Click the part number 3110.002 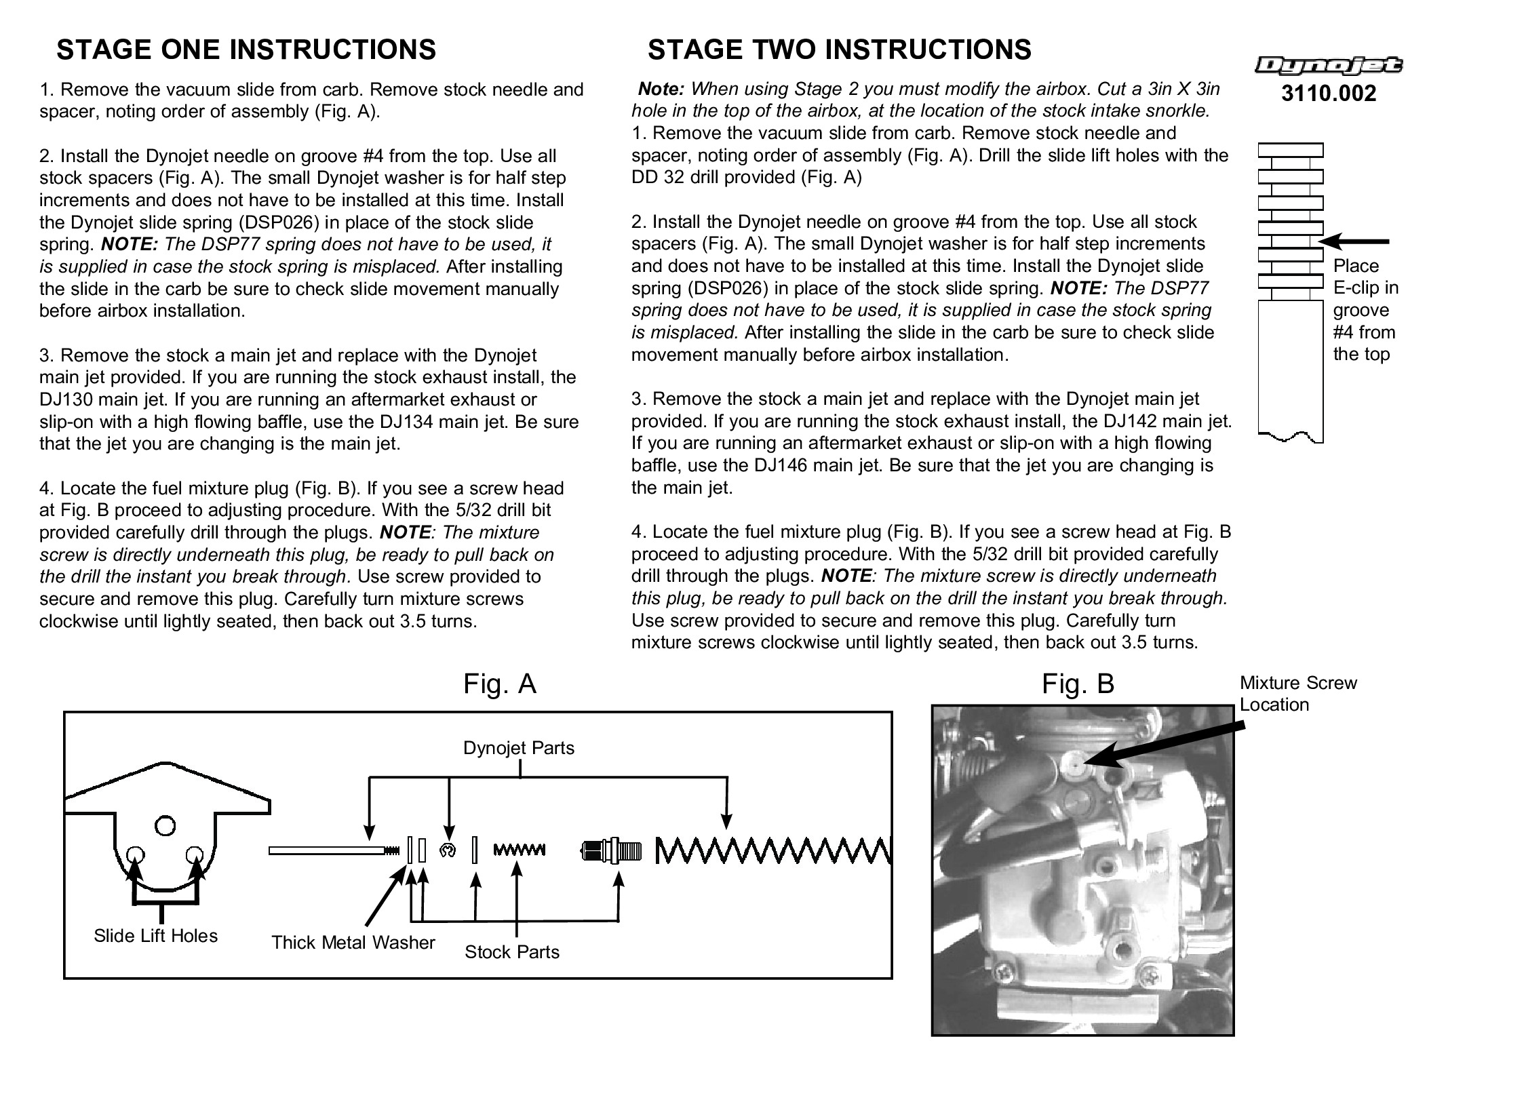1328,94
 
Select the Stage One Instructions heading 246,50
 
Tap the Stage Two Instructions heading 839,50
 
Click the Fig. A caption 500,684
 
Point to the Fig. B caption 1078,684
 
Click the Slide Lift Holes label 155,936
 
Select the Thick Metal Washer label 353,943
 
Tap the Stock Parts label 512,952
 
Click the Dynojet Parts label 519,748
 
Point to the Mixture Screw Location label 1298,693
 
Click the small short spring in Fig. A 519,850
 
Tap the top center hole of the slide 165,826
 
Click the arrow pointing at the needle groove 1354,241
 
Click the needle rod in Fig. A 326,850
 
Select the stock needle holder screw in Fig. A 611,850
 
